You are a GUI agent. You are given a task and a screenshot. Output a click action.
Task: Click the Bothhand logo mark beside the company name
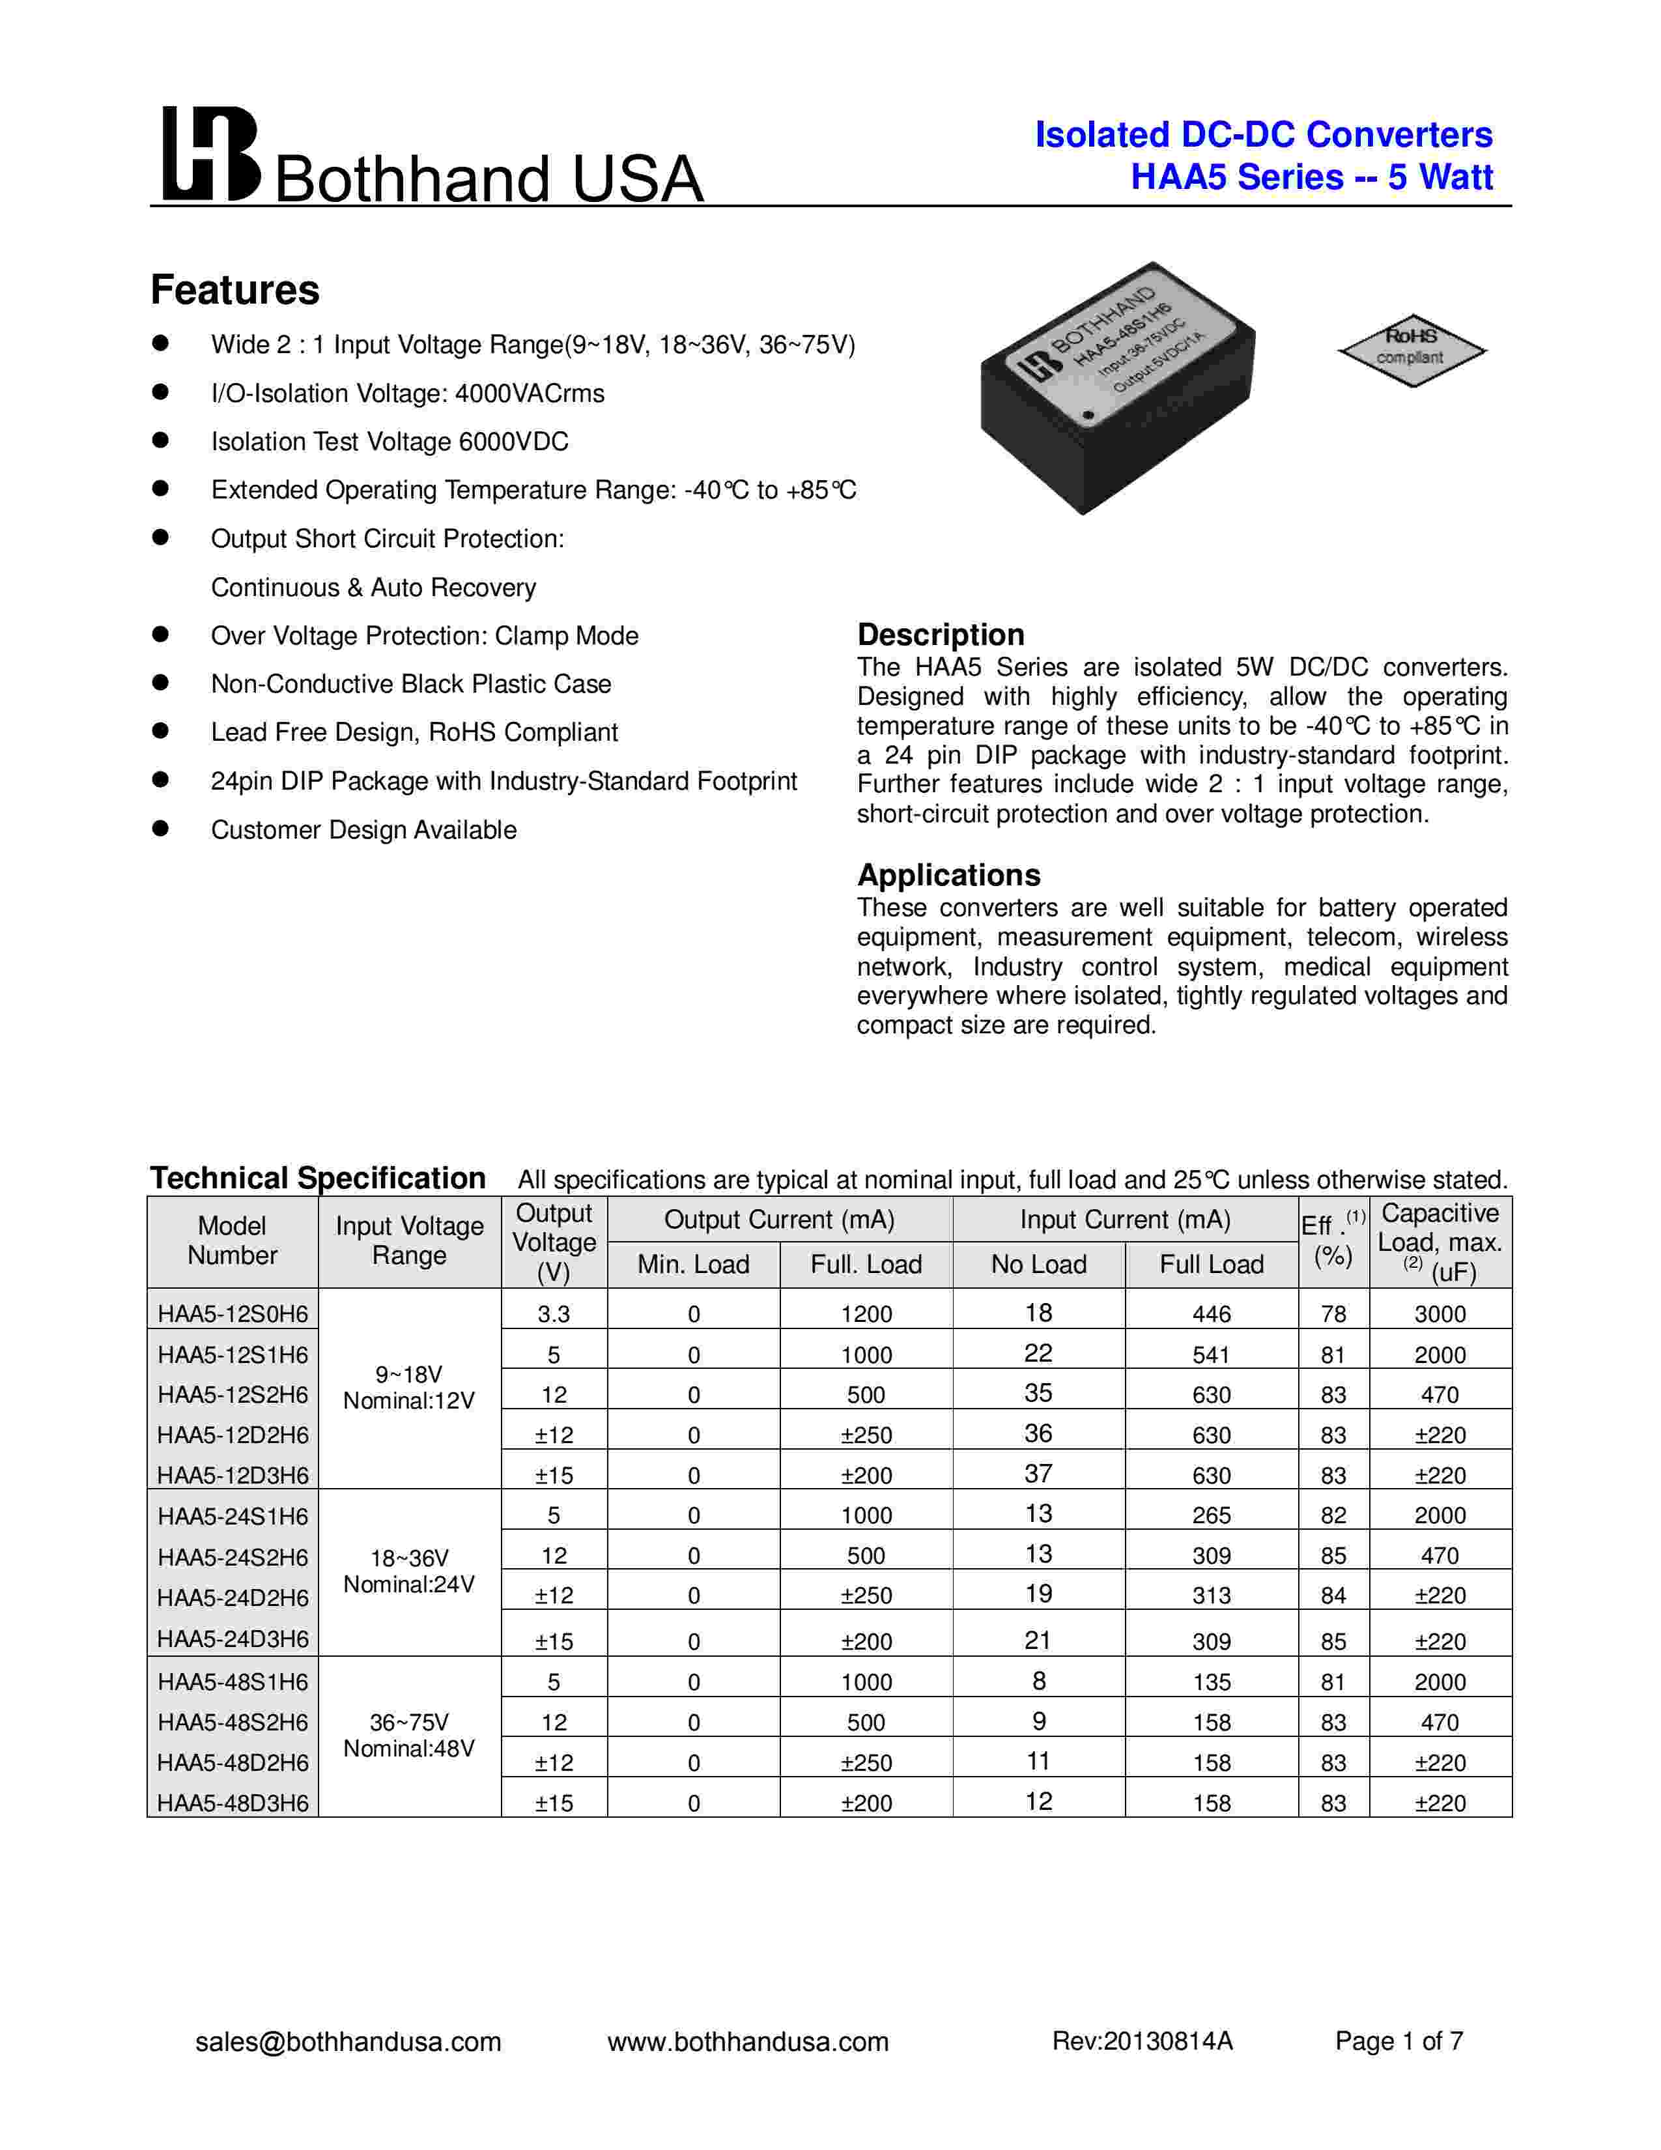click(210, 154)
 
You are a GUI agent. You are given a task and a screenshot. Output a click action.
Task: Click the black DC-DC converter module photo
click(1117, 389)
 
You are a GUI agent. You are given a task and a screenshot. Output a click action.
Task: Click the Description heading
click(941, 634)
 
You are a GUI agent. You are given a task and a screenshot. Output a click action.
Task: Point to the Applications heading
click(948, 874)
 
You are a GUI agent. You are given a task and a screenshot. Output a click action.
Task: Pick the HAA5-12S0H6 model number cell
click(233, 1313)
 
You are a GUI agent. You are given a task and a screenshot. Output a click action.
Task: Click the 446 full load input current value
click(1212, 1314)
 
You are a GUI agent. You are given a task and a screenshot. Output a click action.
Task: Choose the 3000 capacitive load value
click(1440, 1314)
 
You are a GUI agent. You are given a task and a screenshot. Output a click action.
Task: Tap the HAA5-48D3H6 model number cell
click(233, 1803)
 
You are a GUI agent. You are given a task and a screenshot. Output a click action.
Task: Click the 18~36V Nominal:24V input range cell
click(409, 1571)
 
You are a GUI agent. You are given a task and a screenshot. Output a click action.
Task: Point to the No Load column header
click(1038, 1264)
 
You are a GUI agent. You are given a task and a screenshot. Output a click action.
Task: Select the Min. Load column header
click(693, 1264)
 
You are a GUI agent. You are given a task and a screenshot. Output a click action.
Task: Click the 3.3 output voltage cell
click(554, 1314)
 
